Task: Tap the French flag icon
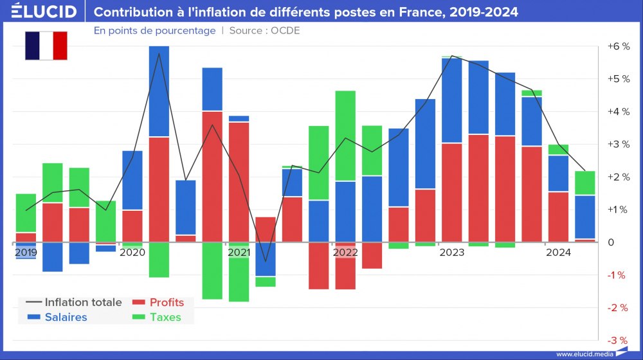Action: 46,46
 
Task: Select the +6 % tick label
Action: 618,47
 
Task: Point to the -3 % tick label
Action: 618,341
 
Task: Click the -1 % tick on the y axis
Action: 618,275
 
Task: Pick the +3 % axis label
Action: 618,145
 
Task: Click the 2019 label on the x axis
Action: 26,253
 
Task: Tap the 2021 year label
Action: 239,253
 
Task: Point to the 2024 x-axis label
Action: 558,253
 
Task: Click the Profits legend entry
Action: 167,302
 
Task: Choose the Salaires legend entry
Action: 66,317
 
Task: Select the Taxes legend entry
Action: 165,317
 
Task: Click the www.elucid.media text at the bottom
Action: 583,354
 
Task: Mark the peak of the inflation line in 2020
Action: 159,54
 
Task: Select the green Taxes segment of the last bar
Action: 584,183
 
